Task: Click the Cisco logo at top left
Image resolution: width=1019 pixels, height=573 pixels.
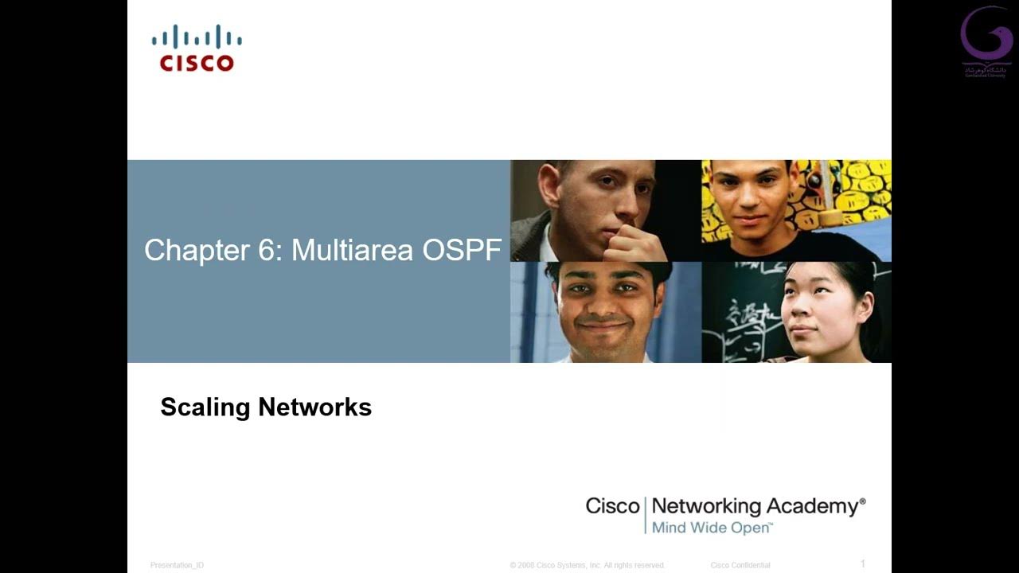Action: [197, 49]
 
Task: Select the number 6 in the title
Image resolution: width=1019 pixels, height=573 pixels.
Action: [265, 251]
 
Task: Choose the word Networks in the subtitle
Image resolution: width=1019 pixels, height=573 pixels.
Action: [315, 407]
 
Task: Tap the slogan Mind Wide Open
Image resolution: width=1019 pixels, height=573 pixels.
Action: [712, 528]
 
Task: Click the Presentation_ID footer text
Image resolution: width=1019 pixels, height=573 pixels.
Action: [177, 565]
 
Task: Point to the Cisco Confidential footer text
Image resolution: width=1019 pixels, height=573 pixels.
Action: [740, 565]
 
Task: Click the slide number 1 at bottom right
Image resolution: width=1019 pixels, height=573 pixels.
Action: [863, 564]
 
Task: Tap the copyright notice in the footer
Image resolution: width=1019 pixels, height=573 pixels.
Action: [587, 565]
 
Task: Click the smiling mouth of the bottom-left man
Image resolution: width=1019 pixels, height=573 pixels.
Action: [603, 325]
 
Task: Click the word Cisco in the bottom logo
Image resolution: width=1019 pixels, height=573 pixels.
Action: [612, 506]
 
